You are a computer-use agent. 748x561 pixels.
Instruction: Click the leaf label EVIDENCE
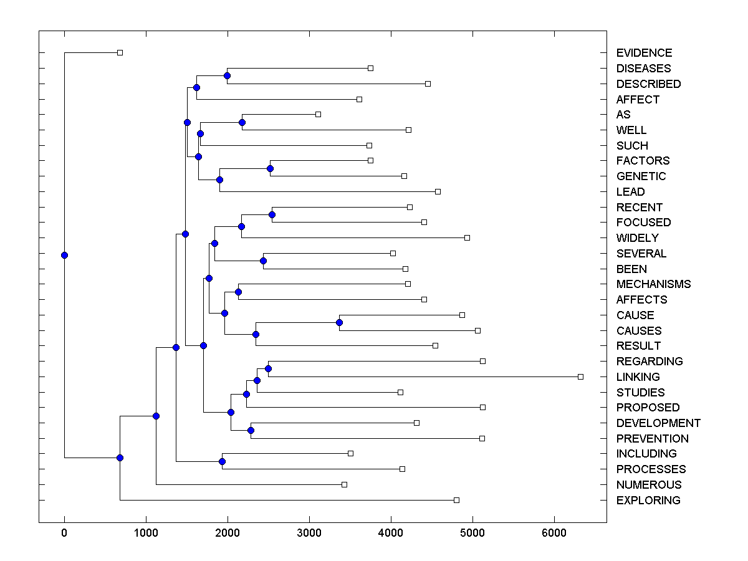644,53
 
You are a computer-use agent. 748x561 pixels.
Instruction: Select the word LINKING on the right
638,377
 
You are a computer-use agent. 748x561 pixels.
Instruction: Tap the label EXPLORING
648,501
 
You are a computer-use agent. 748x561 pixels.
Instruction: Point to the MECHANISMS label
653,284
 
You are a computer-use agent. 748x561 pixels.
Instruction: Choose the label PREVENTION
652,439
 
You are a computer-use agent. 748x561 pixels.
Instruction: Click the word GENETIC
641,176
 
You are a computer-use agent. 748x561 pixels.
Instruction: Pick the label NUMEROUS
648,485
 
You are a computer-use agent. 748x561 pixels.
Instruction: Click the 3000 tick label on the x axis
309,533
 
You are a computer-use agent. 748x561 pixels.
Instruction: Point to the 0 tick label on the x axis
64,533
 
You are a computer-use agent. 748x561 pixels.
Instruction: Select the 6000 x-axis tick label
554,533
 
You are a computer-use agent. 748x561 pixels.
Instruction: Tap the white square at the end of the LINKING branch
580,376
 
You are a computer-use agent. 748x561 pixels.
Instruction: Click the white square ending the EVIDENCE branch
120,52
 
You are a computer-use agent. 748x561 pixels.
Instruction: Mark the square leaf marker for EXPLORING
456,500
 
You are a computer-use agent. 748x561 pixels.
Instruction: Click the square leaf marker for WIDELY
467,237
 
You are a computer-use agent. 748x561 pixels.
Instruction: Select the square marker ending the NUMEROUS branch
344,484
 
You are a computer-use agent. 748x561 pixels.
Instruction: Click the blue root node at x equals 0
64,255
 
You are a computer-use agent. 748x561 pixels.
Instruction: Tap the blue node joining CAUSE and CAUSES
339,322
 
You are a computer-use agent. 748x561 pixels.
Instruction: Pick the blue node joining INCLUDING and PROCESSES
222,461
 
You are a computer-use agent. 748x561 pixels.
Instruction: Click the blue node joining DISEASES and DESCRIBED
227,75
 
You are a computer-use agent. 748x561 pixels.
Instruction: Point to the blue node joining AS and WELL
242,122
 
